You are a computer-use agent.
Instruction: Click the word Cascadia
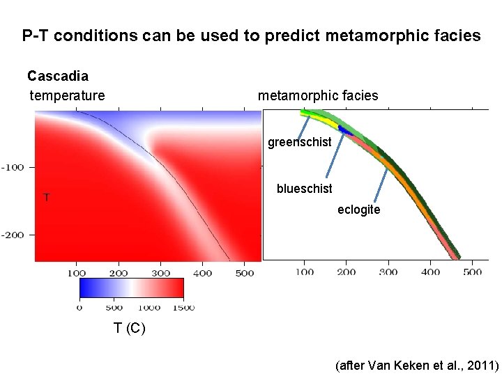[58, 75]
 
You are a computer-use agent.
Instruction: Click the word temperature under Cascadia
[68, 95]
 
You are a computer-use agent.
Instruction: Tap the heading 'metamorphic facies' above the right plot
[318, 95]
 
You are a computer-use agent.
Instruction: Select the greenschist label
[300, 144]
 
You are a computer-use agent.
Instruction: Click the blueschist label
[304, 189]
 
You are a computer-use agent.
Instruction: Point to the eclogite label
[358, 210]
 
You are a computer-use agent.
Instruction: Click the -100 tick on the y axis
[13, 167]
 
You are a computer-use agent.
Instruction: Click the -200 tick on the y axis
[13, 235]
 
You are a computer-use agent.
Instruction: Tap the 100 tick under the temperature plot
[77, 273]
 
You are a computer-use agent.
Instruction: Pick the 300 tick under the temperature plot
[160, 273]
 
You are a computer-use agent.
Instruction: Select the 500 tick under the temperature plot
[244, 273]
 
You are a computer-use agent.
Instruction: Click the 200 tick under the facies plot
[347, 272]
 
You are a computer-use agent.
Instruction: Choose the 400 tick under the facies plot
[430, 272]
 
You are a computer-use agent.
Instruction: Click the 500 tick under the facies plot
[472, 272]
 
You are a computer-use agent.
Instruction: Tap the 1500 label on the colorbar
[183, 307]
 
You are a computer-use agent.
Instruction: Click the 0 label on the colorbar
[79, 307]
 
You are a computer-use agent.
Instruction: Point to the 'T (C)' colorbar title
[130, 329]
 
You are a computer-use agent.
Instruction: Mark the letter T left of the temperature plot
[46, 198]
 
